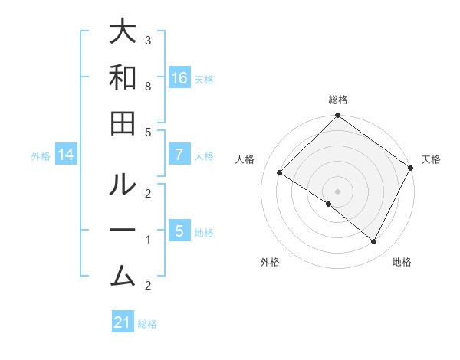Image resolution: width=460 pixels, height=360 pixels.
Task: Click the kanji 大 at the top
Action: (x=123, y=32)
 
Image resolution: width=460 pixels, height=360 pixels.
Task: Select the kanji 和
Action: (x=123, y=79)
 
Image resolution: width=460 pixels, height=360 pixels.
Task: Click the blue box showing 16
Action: (x=179, y=78)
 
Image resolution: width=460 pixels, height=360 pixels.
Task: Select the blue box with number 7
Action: (x=179, y=155)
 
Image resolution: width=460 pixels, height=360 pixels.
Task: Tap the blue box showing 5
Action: (x=179, y=231)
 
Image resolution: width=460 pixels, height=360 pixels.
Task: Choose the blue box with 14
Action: (x=66, y=155)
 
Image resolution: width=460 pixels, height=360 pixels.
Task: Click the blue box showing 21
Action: (x=123, y=322)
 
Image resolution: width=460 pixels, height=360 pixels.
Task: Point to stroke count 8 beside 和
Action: (x=148, y=87)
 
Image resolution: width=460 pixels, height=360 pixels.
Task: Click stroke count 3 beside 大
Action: (x=148, y=40)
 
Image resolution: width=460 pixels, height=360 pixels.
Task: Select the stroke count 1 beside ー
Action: (x=148, y=240)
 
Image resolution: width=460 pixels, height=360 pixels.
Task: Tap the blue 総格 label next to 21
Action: (x=147, y=324)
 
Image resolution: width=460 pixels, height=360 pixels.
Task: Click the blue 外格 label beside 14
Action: (x=41, y=156)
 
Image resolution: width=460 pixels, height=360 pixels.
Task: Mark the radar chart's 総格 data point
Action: (x=337, y=116)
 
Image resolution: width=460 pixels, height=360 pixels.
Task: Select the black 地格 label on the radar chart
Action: (x=402, y=262)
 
